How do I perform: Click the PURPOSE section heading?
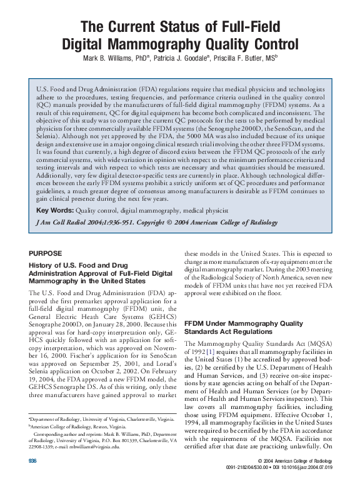point(46,253)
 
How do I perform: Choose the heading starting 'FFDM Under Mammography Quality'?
point(238,323)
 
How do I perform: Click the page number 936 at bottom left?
point(33,461)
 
